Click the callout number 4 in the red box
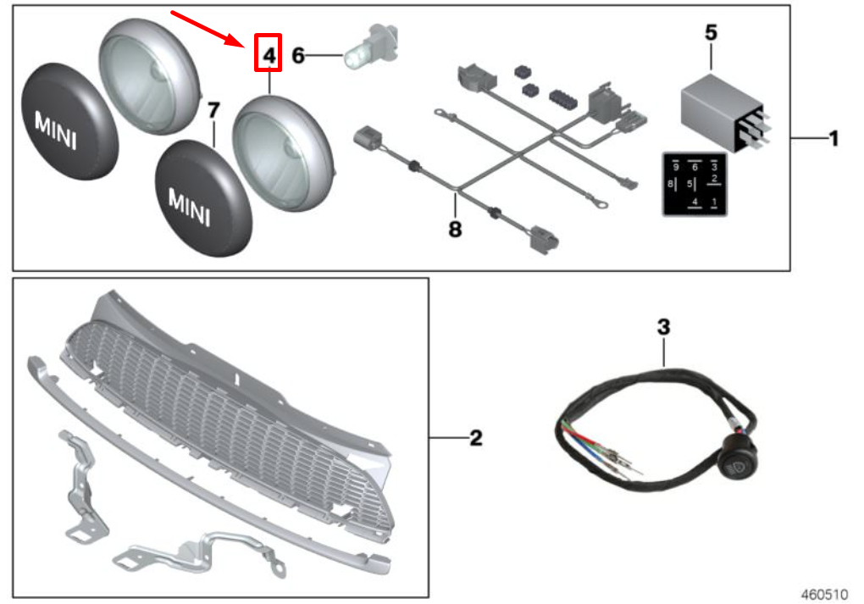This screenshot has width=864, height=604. [269, 55]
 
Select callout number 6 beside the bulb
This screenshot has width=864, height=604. [298, 56]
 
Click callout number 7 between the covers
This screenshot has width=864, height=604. [213, 110]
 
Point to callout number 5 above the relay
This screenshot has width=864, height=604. [711, 33]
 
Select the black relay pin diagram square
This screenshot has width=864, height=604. [695, 184]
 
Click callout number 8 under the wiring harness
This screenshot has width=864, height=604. [456, 229]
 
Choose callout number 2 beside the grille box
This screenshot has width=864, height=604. [476, 438]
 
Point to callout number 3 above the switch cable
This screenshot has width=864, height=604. [664, 326]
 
